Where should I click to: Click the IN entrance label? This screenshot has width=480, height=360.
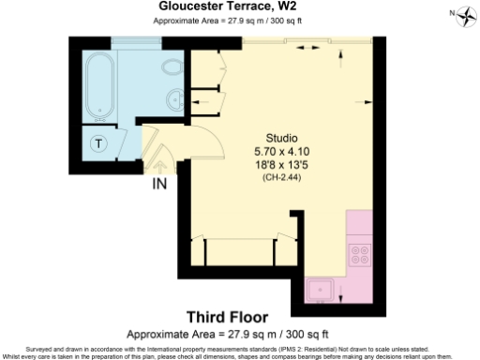(159, 184)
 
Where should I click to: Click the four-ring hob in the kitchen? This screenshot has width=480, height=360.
(359, 254)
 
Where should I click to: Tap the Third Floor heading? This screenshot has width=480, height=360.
(228, 317)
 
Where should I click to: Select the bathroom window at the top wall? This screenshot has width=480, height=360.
(132, 41)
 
